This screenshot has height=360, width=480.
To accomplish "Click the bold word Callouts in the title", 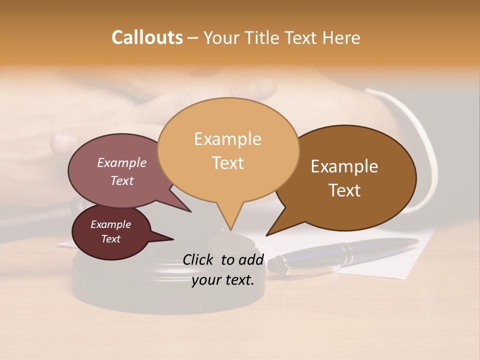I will [x=147, y=37].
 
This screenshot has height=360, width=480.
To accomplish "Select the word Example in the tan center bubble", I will [x=227, y=139].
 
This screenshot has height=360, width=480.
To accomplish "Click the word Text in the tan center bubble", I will [x=227, y=163].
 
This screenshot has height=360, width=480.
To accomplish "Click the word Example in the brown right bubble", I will [x=344, y=166].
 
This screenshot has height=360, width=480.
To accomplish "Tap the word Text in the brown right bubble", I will [x=344, y=190].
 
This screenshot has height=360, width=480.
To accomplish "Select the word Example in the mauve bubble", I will [x=121, y=163].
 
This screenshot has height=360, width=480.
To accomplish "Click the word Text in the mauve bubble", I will [x=121, y=181].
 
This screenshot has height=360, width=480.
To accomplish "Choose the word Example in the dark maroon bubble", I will [x=110, y=224].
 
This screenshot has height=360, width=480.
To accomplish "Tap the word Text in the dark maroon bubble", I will [x=110, y=239].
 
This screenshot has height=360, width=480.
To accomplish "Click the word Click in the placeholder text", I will [x=199, y=260].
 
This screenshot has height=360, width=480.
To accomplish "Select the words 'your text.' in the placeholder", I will [x=223, y=280].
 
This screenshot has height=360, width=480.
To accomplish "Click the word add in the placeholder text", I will [x=251, y=260].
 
